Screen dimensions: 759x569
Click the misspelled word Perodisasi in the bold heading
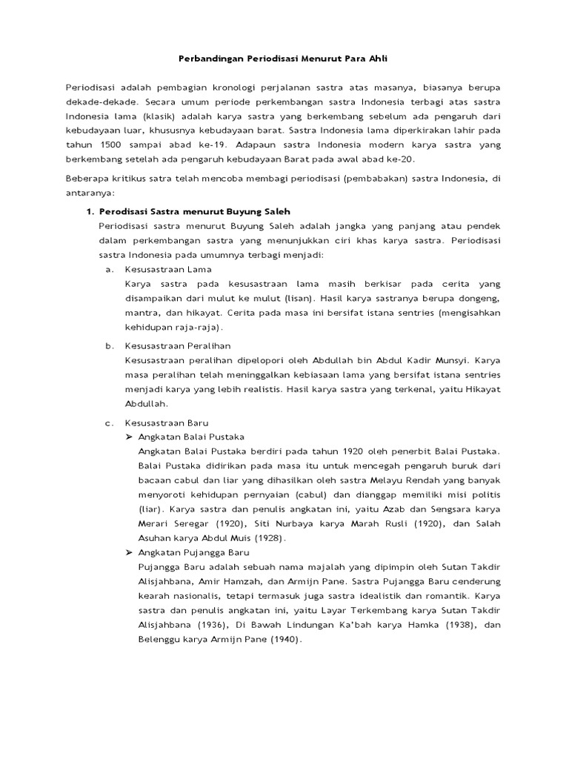click(124, 211)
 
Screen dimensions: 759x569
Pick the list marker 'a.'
click(109, 269)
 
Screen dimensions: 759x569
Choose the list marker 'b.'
click(110, 345)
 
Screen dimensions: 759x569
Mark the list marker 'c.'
click(109, 422)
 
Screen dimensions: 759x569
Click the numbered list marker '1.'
click(91, 211)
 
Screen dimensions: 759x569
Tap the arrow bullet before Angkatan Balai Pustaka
click(130, 437)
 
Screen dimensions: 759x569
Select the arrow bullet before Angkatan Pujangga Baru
click(130, 552)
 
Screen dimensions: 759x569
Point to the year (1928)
click(270, 537)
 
